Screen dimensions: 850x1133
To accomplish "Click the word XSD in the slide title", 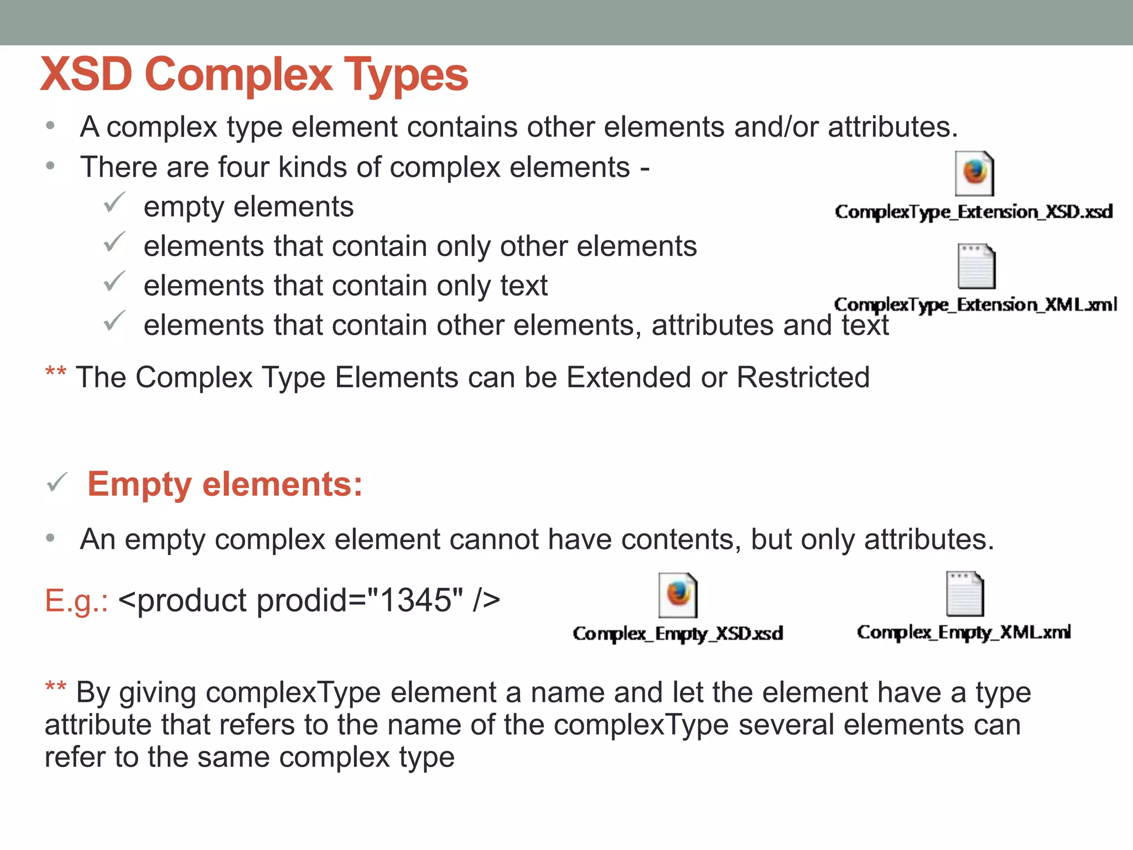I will (87, 74).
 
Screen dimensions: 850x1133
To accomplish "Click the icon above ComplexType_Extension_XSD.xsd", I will (974, 174).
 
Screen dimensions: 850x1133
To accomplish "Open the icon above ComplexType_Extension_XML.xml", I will (976, 267).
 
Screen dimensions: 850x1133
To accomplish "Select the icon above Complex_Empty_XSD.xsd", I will (678, 595).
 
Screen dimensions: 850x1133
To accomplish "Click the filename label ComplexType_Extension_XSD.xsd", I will (974, 212).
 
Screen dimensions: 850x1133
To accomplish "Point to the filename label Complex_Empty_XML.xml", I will (964, 632).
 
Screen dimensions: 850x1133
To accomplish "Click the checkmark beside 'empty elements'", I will (115, 203).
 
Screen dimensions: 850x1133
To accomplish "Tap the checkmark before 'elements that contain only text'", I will (115, 282).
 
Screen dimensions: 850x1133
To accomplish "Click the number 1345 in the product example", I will (416, 600).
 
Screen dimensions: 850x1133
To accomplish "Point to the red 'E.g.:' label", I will (76, 601).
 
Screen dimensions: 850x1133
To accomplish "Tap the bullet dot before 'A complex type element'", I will (50, 126).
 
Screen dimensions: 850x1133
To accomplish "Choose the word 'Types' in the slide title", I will (406, 75).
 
